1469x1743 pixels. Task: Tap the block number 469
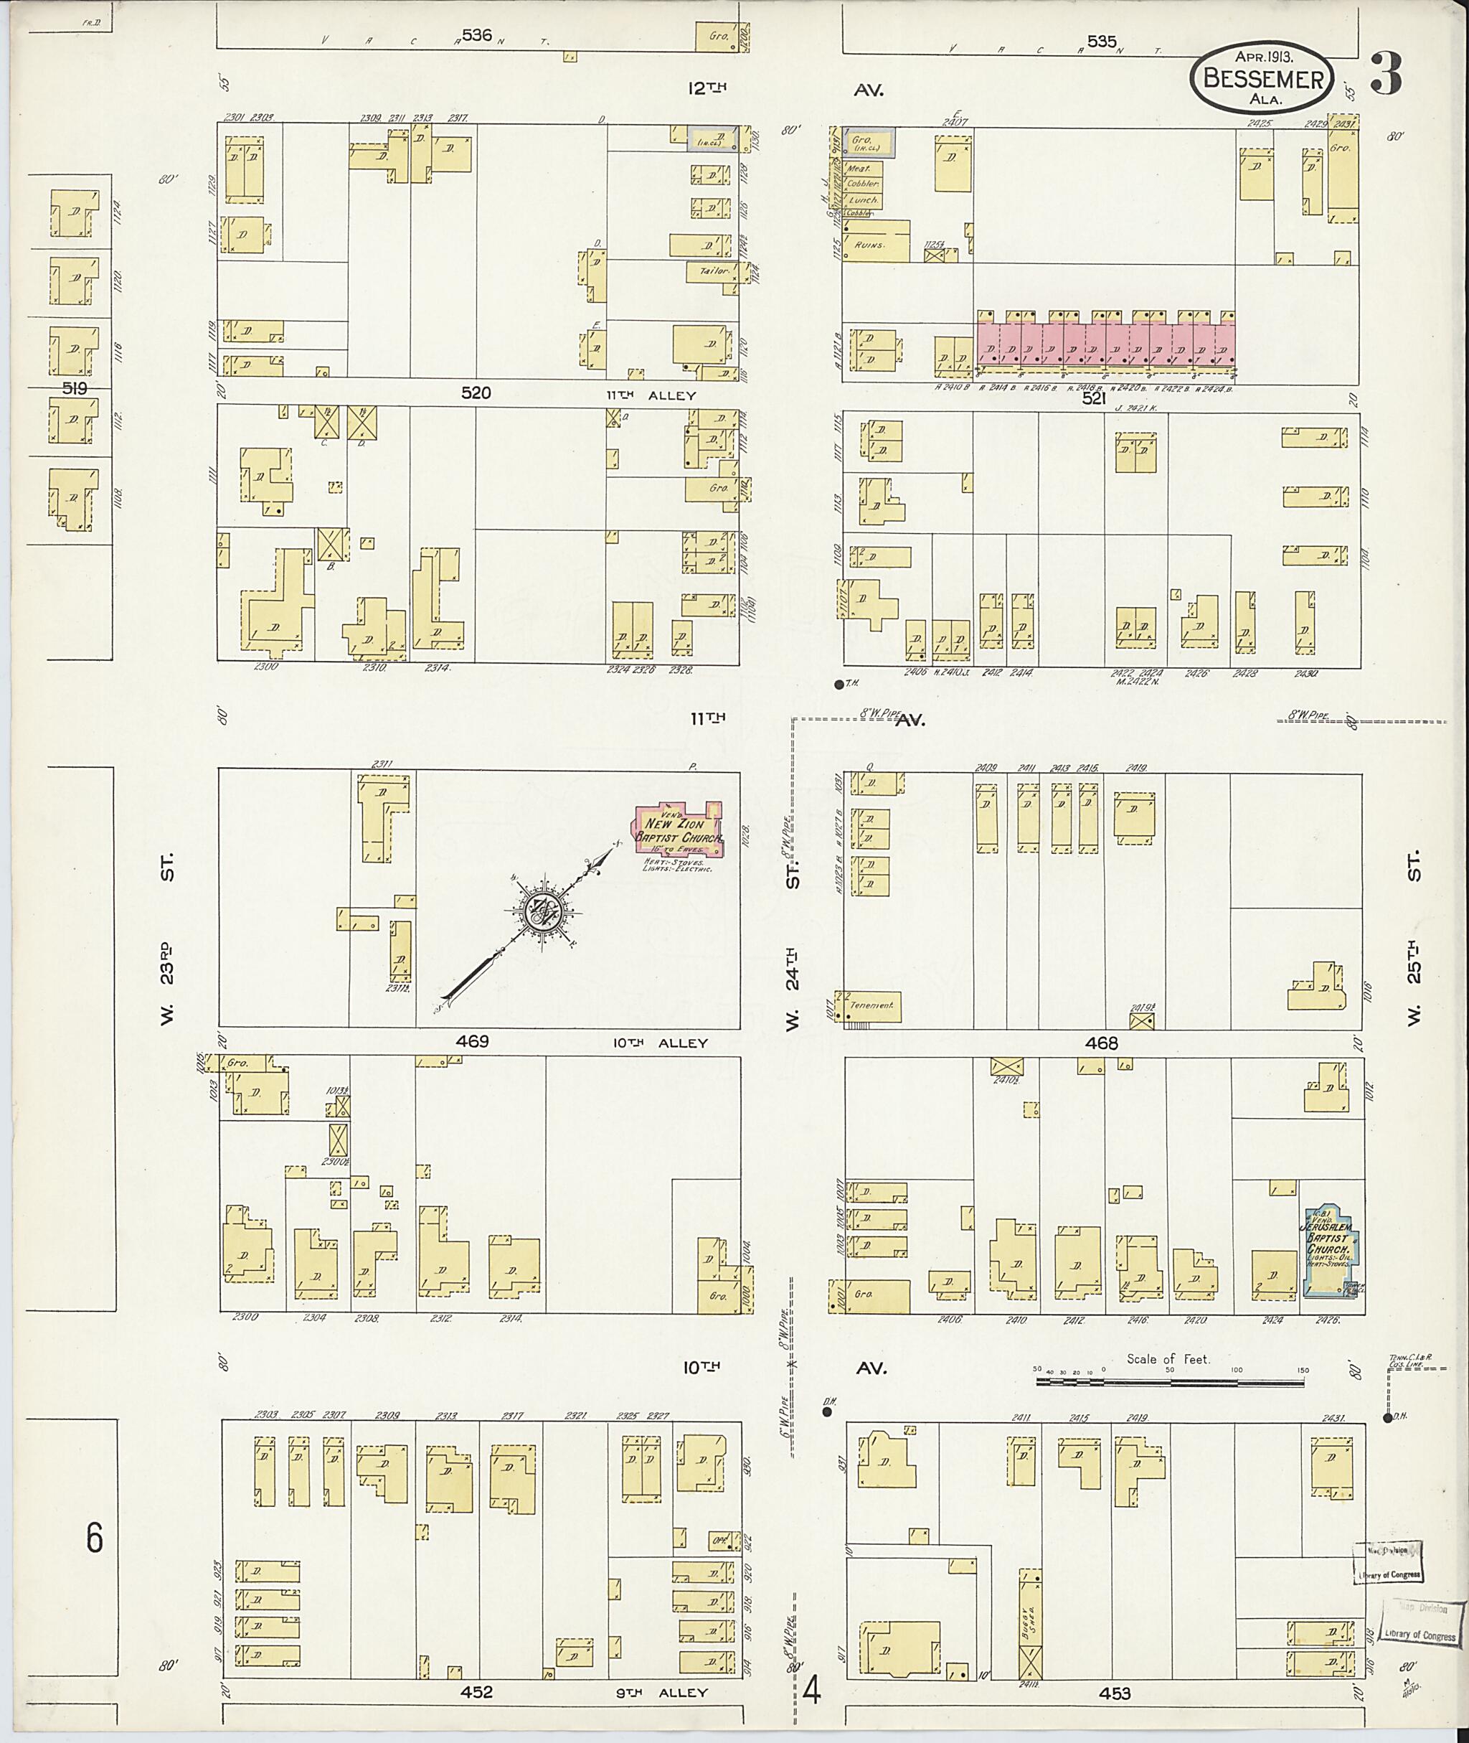click(x=472, y=1041)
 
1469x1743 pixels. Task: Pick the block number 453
click(x=1114, y=1669)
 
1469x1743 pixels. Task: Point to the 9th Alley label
click(x=669, y=1669)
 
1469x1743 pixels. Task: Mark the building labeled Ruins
click(x=876, y=241)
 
